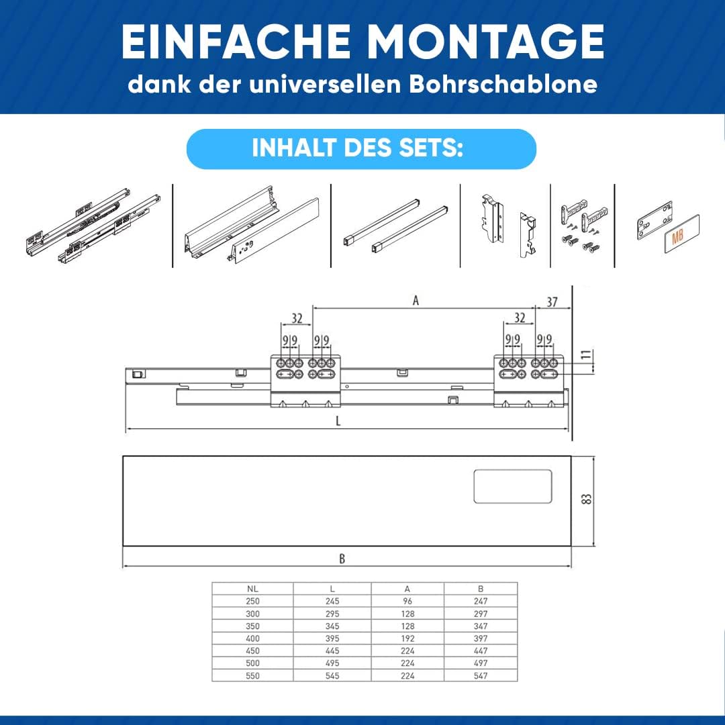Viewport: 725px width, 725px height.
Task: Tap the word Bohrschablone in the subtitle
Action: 503,84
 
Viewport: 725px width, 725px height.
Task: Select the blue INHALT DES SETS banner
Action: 361,149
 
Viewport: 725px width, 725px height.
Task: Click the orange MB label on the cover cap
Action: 677,238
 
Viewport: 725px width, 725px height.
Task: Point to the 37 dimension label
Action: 552,302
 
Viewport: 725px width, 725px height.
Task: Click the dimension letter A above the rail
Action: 416,301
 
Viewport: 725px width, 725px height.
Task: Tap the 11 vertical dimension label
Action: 586,355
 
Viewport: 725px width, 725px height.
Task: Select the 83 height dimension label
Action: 586,499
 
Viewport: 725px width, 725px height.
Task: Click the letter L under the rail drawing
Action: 338,421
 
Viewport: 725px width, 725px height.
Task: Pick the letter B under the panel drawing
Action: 342,559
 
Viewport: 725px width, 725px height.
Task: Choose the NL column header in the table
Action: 252,589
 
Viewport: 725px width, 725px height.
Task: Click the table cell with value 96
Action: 407,601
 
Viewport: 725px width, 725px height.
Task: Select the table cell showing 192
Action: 407,638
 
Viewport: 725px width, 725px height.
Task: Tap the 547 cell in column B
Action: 481,675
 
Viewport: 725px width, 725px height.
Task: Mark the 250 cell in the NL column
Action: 252,601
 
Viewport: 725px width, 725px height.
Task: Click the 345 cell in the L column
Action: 332,626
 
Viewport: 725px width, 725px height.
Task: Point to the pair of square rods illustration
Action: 395,226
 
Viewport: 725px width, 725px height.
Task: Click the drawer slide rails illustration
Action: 93,226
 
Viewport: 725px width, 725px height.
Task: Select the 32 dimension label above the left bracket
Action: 297,318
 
